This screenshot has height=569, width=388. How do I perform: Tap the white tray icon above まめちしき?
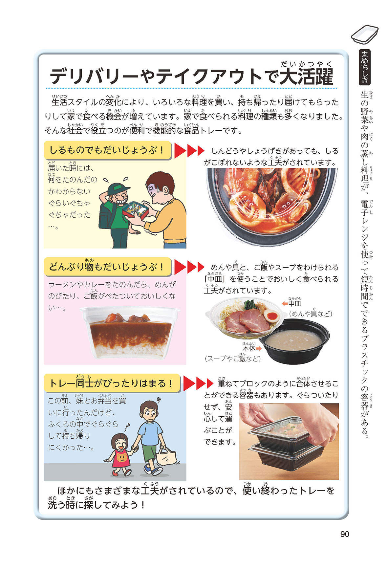(365, 33)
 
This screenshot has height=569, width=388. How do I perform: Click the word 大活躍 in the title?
(306, 76)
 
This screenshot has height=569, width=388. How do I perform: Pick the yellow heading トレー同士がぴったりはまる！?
(112, 383)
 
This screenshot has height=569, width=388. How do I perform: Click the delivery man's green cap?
(118, 188)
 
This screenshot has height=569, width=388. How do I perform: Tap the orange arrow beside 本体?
(259, 348)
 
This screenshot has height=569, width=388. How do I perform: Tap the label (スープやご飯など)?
(232, 359)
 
